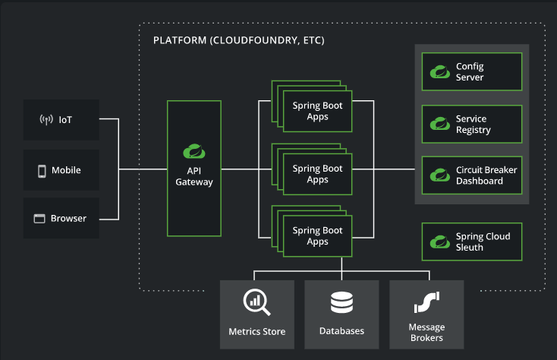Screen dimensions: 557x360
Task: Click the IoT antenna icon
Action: pyautogui.click(x=46, y=119)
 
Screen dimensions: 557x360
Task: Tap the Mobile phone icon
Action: pyautogui.click(x=42, y=171)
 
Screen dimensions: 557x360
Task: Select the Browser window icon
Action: pyautogui.click(x=39, y=219)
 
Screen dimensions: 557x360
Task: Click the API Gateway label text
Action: pyautogui.click(x=194, y=176)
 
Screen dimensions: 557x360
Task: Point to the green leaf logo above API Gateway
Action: pyautogui.click(x=194, y=151)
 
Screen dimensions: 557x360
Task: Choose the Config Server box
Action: pyautogui.click(x=472, y=72)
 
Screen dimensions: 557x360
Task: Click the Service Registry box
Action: pyautogui.click(x=472, y=124)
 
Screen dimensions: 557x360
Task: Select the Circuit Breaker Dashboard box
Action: pyautogui.click(x=472, y=175)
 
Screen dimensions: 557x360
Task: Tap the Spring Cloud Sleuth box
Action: pyautogui.click(x=472, y=242)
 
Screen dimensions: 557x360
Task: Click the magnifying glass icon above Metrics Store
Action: pyautogui.click(x=256, y=302)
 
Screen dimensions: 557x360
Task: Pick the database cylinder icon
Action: pyautogui.click(x=341, y=302)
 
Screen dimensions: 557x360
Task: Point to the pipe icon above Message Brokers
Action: pyautogui.click(x=426, y=302)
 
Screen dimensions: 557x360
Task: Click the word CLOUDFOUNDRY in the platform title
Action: pyautogui.click(x=255, y=40)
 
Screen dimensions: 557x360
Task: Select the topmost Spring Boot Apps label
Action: pyautogui.click(x=317, y=111)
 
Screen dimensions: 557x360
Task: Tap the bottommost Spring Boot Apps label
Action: pyautogui.click(x=317, y=235)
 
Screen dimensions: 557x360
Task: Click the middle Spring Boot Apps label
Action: pyautogui.click(x=317, y=174)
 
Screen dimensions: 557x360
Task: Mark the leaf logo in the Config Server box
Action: pyautogui.click(x=440, y=71)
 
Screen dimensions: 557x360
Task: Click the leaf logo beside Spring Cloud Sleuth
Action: pyautogui.click(x=440, y=242)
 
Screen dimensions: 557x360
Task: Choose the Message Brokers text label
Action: pyautogui.click(x=426, y=333)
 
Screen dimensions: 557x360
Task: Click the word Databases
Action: pyautogui.click(x=341, y=331)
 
